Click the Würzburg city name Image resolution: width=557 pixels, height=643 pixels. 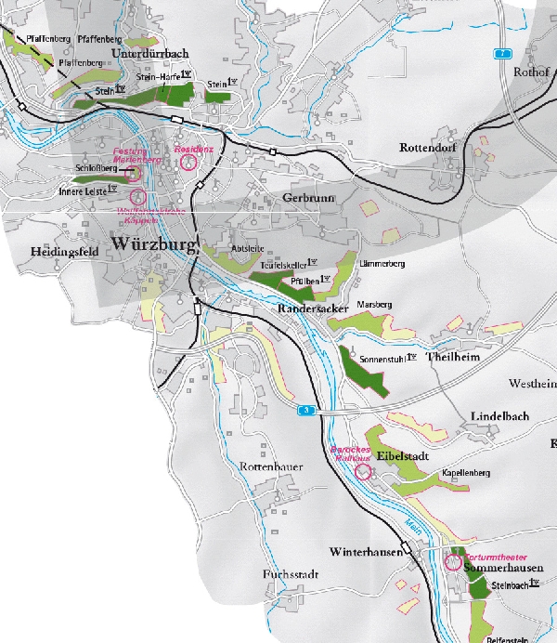154,245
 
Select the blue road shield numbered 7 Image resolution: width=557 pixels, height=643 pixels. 502,55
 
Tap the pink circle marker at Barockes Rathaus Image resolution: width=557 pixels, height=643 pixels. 363,472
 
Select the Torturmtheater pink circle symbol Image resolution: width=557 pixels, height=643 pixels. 453,562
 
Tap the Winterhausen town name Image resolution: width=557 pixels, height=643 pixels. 369,552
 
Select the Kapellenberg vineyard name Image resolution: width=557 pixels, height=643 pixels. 466,473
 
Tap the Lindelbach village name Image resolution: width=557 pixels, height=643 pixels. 499,416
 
